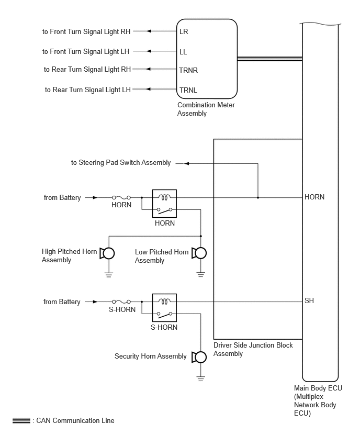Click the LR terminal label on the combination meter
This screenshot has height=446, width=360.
[184, 31]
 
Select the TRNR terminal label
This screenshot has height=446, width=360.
[188, 70]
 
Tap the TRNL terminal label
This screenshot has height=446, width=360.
[188, 90]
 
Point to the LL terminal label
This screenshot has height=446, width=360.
[183, 52]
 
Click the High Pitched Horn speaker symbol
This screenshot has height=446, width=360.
[107, 253]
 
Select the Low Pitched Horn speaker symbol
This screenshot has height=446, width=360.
[199, 253]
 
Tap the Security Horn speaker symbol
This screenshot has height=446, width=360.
[199, 357]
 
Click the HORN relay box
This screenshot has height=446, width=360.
[164, 204]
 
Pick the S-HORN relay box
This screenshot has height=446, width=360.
[164, 308]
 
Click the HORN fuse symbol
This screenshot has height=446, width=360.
[121, 197]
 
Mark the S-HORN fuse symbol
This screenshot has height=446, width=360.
[121, 302]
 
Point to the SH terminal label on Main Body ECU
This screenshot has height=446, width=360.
[309, 300]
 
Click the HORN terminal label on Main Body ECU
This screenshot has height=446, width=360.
[314, 197]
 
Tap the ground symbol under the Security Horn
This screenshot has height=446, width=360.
[200, 378]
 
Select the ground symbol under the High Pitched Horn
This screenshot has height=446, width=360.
[109, 274]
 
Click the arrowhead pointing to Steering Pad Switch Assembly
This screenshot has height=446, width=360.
[186, 163]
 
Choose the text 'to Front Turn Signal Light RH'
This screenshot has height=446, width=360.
[86, 31]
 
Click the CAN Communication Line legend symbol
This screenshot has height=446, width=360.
[21, 421]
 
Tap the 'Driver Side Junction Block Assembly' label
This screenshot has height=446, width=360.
[253, 349]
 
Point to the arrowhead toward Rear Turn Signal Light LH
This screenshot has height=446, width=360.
[148, 89]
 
